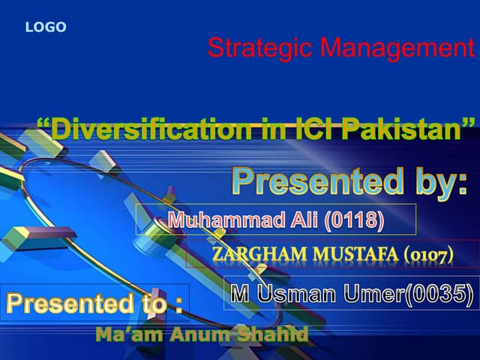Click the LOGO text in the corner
[x=46, y=28]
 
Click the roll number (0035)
[x=439, y=293]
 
